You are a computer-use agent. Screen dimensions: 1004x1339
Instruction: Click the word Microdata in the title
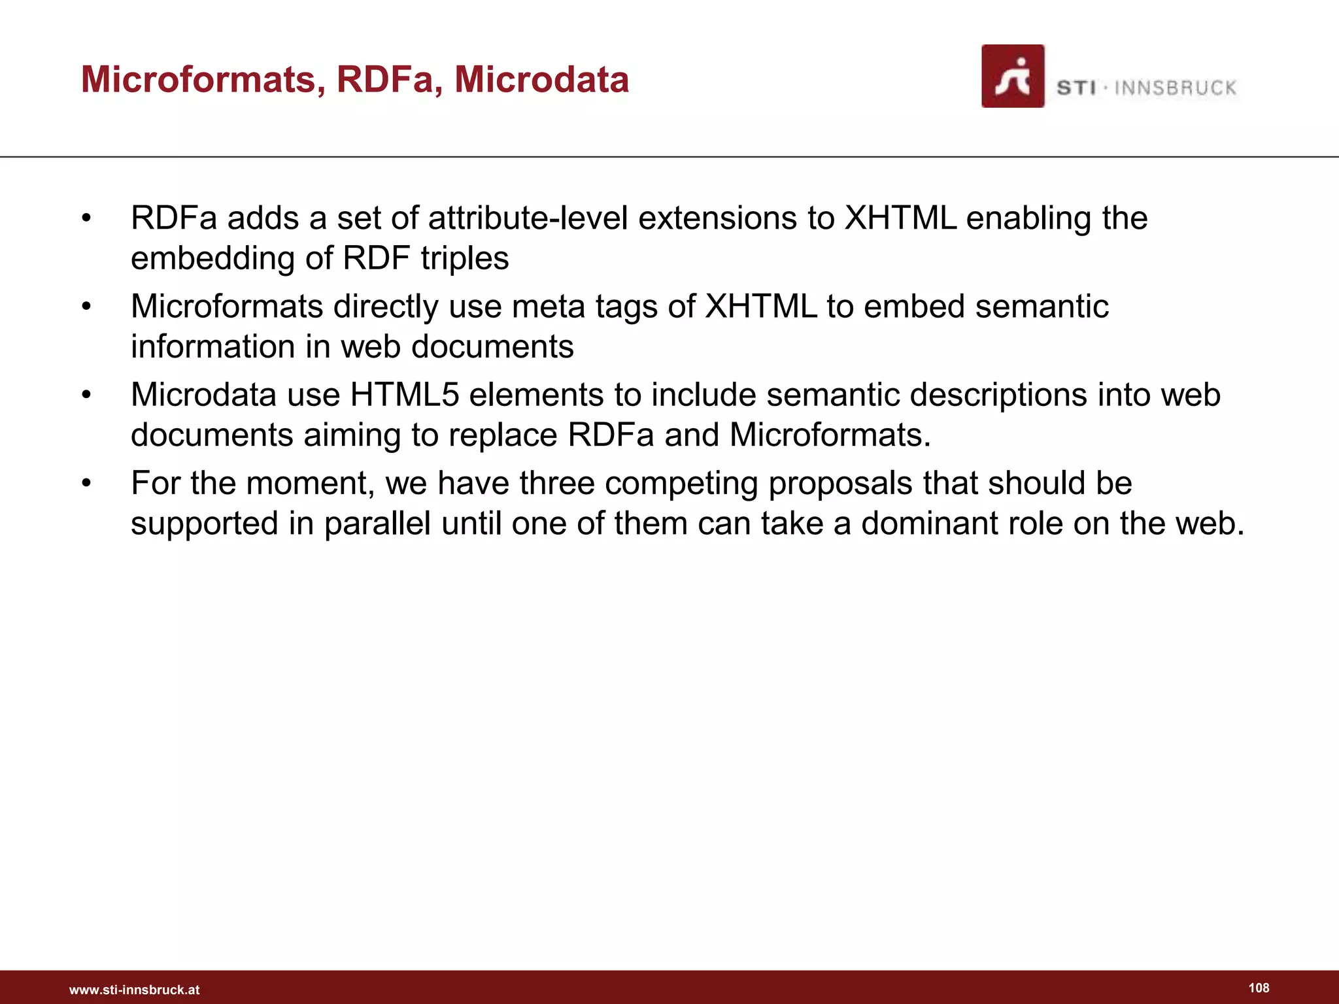tap(541, 80)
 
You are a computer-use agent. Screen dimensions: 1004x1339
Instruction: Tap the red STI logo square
tap(1012, 76)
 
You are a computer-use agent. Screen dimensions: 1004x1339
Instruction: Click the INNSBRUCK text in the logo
tap(1175, 88)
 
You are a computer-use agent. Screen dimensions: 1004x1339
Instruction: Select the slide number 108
tap(1259, 988)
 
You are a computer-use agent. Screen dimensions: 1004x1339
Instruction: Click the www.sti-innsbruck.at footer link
tap(135, 990)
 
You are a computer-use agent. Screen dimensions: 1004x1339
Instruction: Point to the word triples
tap(464, 258)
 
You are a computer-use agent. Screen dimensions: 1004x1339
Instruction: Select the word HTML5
tap(405, 395)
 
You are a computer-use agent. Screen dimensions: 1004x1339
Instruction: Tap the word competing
tap(681, 484)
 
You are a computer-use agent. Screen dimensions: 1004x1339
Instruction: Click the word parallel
tap(377, 524)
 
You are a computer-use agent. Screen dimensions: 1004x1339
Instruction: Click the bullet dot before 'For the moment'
tap(86, 484)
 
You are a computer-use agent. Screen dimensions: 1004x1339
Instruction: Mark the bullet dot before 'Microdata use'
tap(86, 395)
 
